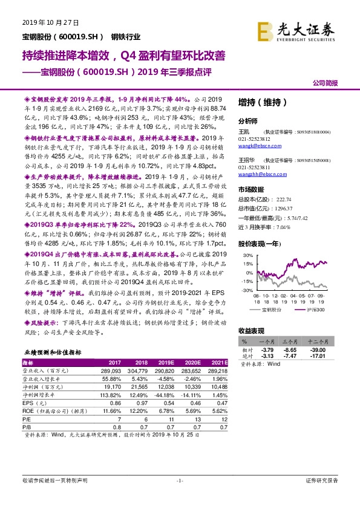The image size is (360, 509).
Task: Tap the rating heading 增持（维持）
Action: pyautogui.click(x=261, y=102)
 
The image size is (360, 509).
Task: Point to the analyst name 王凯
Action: pyautogui.click(x=244, y=131)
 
